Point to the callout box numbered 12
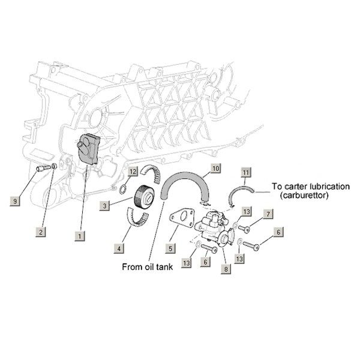133,172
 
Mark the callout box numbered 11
245,173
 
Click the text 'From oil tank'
148,268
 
